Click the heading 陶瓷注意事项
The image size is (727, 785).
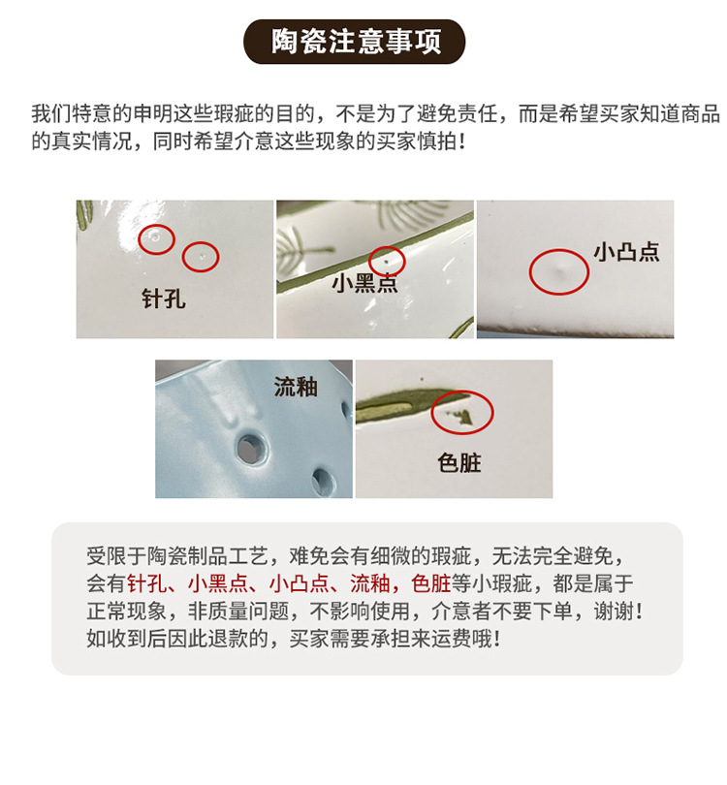pos(356,42)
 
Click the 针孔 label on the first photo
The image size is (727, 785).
pos(164,298)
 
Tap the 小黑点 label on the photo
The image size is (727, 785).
pos(364,283)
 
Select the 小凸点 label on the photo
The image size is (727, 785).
pos(626,252)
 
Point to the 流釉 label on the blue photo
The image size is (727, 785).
pos(296,387)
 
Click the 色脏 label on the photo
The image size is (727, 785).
pos(459,462)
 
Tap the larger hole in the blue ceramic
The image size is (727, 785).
pos(249,447)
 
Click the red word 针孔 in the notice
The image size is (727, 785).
pos(147,583)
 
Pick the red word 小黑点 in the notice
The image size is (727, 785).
pos(218,583)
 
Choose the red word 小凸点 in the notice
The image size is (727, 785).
pos(299,583)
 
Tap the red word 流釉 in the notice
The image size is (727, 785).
pos(370,583)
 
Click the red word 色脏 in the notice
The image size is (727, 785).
pos(431,583)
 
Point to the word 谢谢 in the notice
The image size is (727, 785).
pos(614,612)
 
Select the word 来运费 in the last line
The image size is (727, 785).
pos(441,639)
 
